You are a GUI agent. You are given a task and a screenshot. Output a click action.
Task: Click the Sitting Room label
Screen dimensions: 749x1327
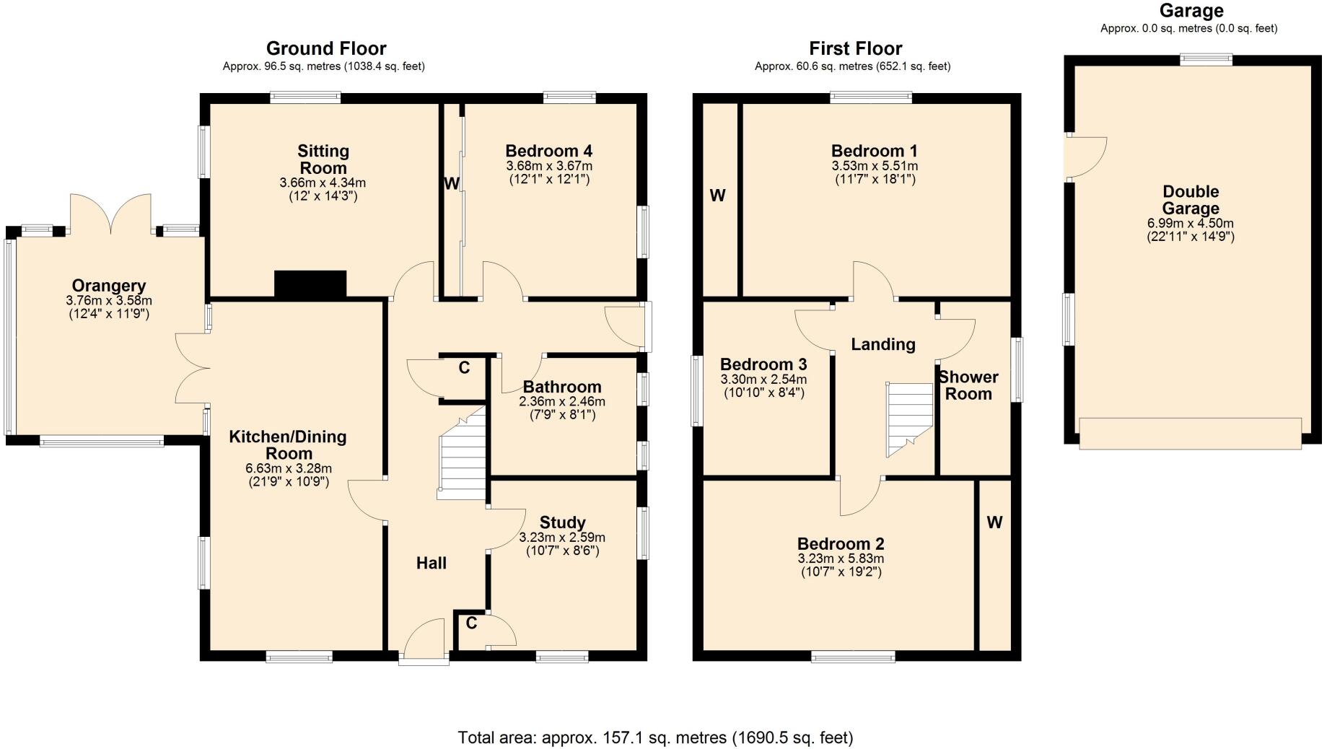(x=323, y=159)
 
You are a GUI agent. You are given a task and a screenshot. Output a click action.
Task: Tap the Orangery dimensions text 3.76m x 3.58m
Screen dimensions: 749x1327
(x=109, y=301)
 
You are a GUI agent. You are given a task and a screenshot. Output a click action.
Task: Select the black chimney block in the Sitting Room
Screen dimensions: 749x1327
(x=310, y=284)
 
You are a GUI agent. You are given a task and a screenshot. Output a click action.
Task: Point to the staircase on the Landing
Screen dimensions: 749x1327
(x=908, y=419)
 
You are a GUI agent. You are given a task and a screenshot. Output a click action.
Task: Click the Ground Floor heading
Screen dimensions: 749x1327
(x=326, y=48)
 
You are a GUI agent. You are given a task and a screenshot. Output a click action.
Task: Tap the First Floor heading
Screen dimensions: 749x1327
(x=855, y=48)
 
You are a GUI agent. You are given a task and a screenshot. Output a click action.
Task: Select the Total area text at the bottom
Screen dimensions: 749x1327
(x=655, y=737)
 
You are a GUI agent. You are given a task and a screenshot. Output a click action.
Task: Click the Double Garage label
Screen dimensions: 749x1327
(x=1191, y=200)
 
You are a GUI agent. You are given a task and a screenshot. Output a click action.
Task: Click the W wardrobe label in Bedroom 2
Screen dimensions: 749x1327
(x=994, y=522)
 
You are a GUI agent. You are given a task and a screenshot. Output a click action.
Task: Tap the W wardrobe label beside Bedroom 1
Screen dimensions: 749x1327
(x=717, y=196)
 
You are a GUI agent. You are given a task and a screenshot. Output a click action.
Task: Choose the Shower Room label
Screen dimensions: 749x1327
(x=968, y=385)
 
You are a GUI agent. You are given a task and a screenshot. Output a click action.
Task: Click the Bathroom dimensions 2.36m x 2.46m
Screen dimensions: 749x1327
(x=562, y=402)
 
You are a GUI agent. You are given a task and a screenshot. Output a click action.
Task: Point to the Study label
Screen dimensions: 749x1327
(x=562, y=522)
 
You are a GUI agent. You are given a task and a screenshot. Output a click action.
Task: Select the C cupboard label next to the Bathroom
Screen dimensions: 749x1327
(x=464, y=368)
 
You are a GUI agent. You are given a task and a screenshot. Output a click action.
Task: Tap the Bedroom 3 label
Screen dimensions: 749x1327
(x=763, y=364)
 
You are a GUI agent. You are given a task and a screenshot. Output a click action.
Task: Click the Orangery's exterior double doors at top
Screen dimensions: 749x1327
(x=110, y=214)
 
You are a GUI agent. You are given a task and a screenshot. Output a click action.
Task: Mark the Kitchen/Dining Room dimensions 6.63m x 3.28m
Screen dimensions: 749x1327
(x=288, y=468)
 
